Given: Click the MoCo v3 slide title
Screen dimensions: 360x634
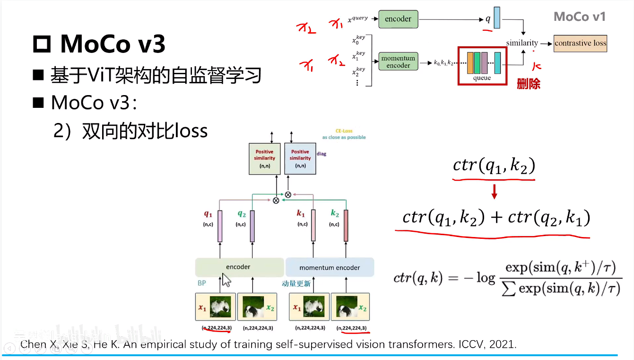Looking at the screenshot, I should (x=113, y=44).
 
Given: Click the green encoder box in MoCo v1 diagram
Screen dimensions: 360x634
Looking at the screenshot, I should (x=398, y=19).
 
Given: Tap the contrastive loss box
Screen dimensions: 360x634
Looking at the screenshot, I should (x=580, y=43).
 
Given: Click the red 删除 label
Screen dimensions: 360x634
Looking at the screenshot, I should (x=528, y=84).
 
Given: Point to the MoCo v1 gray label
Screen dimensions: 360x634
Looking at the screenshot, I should (x=579, y=17).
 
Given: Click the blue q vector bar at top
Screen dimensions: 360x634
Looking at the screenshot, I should (x=496, y=18).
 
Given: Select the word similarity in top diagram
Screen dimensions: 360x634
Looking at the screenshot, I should (x=522, y=43).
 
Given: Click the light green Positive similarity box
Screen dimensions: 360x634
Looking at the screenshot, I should (x=264, y=158).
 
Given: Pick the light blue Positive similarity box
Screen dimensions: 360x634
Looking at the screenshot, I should (x=300, y=158).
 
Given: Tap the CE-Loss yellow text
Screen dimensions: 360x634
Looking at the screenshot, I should (x=344, y=131).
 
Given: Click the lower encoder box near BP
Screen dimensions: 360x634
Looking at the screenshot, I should (x=239, y=267).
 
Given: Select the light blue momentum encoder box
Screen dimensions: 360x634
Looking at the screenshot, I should (x=330, y=267).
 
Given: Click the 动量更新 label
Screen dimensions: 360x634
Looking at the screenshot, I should (x=296, y=283).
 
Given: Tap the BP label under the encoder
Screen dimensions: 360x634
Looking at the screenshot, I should (x=202, y=283).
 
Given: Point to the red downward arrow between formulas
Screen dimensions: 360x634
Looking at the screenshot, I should (x=494, y=192).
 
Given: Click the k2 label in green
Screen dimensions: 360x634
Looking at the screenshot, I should (x=335, y=214).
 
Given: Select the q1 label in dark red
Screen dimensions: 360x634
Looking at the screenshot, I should (x=208, y=214).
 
